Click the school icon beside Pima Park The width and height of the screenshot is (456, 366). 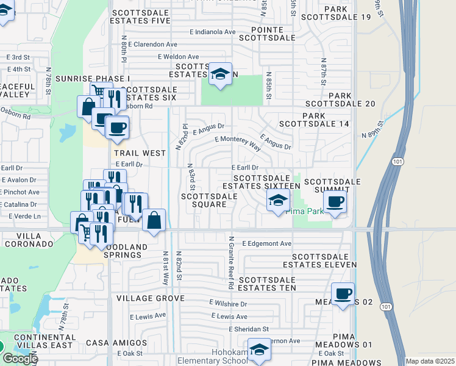pyautogui.click(x=277, y=200)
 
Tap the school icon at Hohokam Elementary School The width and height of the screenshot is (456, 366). pyautogui.click(x=260, y=350)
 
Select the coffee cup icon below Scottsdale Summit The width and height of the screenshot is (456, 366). pyautogui.click(x=335, y=202)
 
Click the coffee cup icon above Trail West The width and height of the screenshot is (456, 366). pyautogui.click(x=117, y=127)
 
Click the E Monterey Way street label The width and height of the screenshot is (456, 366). pyautogui.click(x=238, y=143)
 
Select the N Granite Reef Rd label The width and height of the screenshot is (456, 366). pyautogui.click(x=231, y=262)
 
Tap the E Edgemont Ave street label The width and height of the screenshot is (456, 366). pyautogui.click(x=266, y=243)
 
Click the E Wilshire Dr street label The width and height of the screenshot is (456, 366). pyautogui.click(x=228, y=303)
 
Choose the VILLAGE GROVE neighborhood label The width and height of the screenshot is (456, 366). pyautogui.click(x=150, y=298)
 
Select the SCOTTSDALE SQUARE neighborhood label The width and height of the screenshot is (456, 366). pyautogui.click(x=209, y=200)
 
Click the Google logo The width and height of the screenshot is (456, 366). pyautogui.click(x=20, y=358)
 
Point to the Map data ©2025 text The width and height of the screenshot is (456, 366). pyautogui.click(x=430, y=361)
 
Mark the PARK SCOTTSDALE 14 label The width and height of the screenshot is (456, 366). pyautogui.click(x=314, y=120)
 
